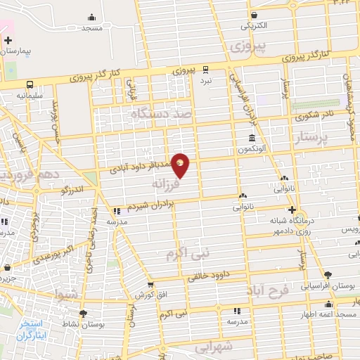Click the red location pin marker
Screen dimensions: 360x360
point(180,165)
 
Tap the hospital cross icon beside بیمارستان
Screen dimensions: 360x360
point(8,41)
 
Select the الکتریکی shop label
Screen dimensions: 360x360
point(255,26)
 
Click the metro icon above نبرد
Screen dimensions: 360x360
point(205,70)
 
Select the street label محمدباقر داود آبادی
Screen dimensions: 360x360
point(145,167)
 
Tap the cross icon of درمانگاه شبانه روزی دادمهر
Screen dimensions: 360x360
point(292,210)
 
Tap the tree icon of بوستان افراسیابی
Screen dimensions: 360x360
point(327,275)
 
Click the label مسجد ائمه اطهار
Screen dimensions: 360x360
point(329,312)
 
